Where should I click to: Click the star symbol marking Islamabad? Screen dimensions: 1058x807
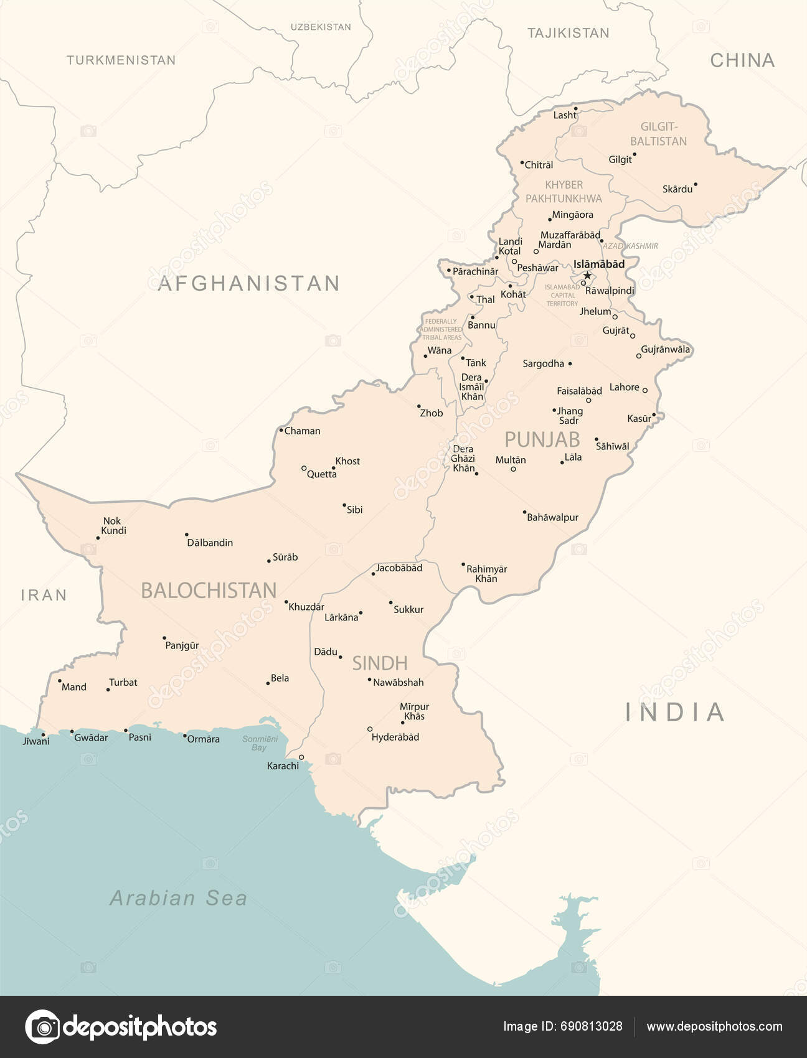[x=587, y=275]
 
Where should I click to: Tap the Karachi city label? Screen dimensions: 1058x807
[x=283, y=766]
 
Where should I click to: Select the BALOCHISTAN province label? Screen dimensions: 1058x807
[x=209, y=590]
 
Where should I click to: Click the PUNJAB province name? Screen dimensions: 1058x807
[x=542, y=439]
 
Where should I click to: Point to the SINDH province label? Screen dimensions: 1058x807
[x=380, y=663]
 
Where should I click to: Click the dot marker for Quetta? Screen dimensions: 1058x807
[x=304, y=468]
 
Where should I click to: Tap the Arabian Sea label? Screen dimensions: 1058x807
[x=179, y=898]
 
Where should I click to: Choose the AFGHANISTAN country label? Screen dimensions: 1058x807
[x=249, y=284]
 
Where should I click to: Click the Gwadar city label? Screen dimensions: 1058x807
[x=91, y=737]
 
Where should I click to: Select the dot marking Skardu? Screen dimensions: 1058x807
[x=696, y=184]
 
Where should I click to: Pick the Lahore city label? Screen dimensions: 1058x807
[x=624, y=387]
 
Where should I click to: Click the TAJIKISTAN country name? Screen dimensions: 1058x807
[x=568, y=33]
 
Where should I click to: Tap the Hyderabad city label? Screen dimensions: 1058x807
[x=395, y=737]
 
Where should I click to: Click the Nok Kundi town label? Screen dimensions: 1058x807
[x=113, y=526]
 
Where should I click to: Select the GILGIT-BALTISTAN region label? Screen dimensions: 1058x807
[x=658, y=134]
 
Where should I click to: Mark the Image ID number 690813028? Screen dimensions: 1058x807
[x=591, y=1026]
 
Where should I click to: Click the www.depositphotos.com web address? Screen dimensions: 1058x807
[x=714, y=1026]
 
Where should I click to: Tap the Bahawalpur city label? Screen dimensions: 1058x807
[x=552, y=517]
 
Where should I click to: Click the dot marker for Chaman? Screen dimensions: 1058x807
[x=281, y=430]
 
